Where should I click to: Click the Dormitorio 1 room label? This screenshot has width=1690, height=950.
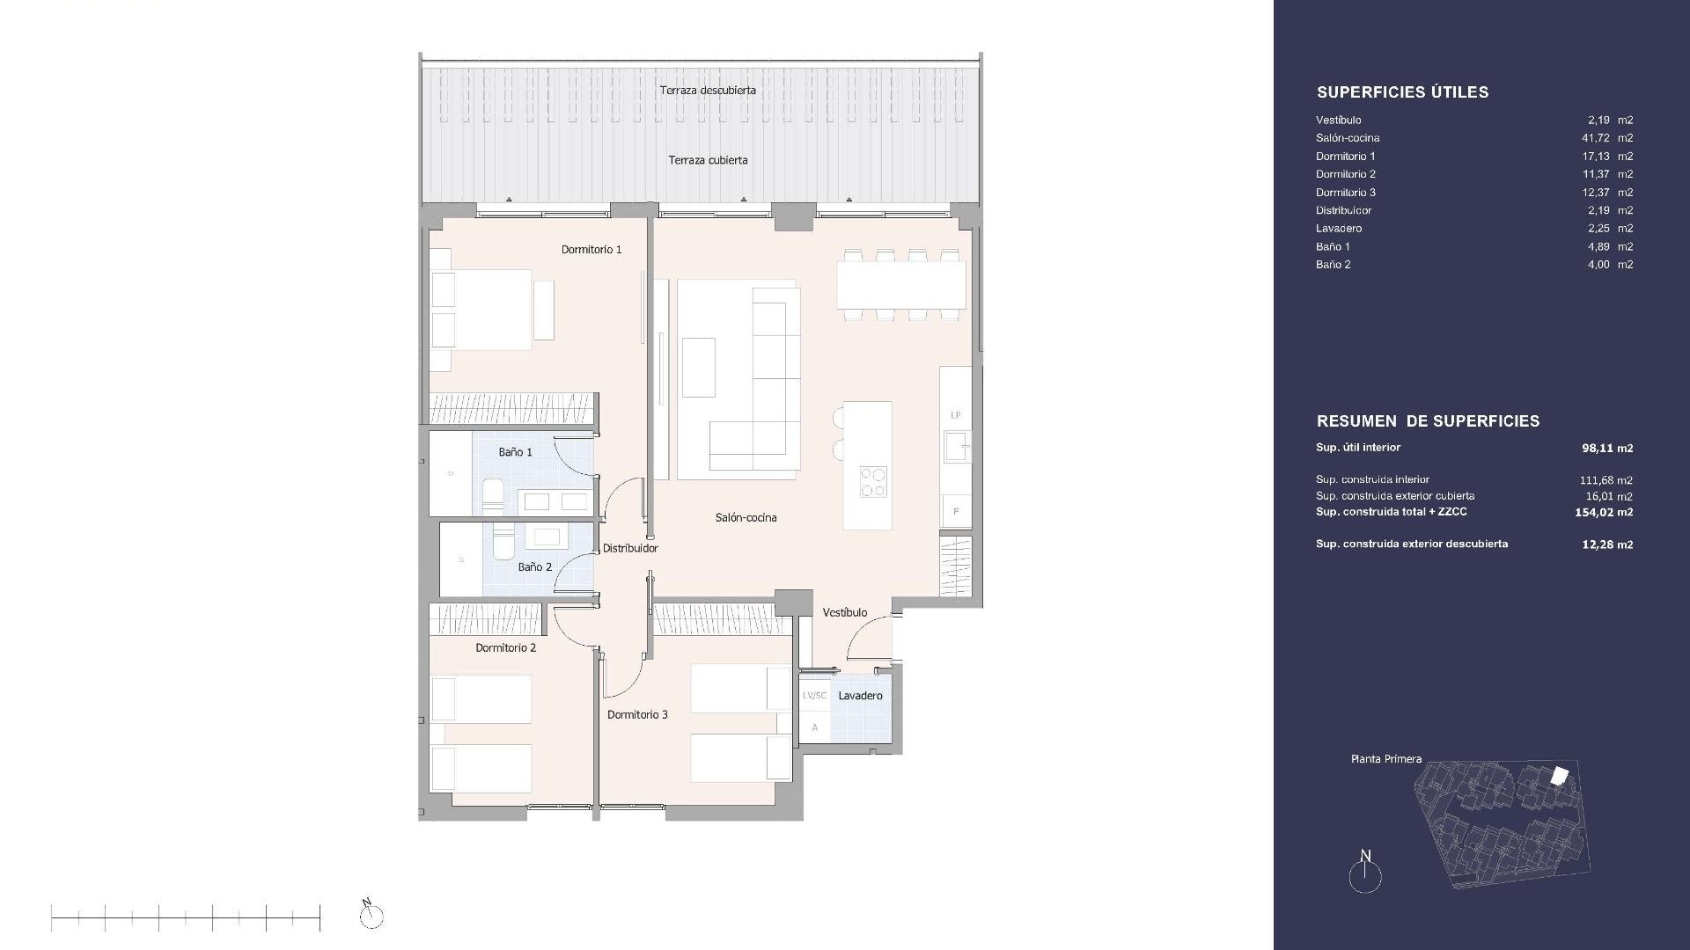pyautogui.click(x=591, y=250)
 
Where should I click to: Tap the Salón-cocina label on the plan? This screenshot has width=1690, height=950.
pyautogui.click(x=746, y=518)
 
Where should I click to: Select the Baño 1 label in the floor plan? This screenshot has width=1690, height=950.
pyautogui.click(x=515, y=452)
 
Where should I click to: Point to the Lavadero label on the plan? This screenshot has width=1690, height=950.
pyautogui.click(x=860, y=696)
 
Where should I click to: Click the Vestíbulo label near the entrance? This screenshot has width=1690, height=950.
pyautogui.click(x=845, y=612)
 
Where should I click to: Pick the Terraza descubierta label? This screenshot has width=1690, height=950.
pyautogui.click(x=708, y=91)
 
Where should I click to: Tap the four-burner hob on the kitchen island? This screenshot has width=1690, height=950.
pyautogui.click(x=873, y=482)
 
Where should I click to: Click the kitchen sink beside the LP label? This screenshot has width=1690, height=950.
pyautogui.click(x=957, y=446)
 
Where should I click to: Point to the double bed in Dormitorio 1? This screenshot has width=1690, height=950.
pyautogui.click(x=481, y=310)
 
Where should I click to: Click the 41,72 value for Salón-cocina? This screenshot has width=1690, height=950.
pyautogui.click(x=1596, y=138)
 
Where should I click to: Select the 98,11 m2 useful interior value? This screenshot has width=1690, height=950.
pyautogui.click(x=1607, y=448)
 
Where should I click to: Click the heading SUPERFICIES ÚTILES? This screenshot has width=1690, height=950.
pyautogui.click(x=1402, y=92)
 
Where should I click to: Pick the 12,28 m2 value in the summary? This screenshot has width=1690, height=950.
pyautogui.click(x=1607, y=544)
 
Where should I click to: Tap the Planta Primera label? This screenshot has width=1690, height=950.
pyautogui.click(x=1386, y=759)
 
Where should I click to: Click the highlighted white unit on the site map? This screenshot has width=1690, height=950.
pyautogui.click(x=1559, y=775)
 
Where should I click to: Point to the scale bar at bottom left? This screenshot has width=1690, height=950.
pyautogui.click(x=186, y=918)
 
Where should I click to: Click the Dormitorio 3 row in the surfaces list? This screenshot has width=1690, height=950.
pyautogui.click(x=1474, y=193)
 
